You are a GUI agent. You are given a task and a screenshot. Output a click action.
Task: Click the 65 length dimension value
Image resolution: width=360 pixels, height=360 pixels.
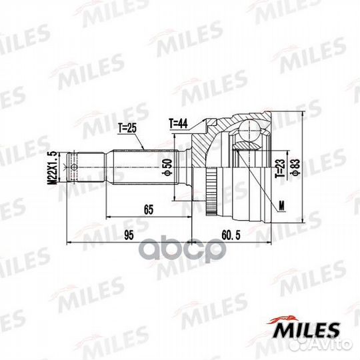(x=148, y=210)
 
